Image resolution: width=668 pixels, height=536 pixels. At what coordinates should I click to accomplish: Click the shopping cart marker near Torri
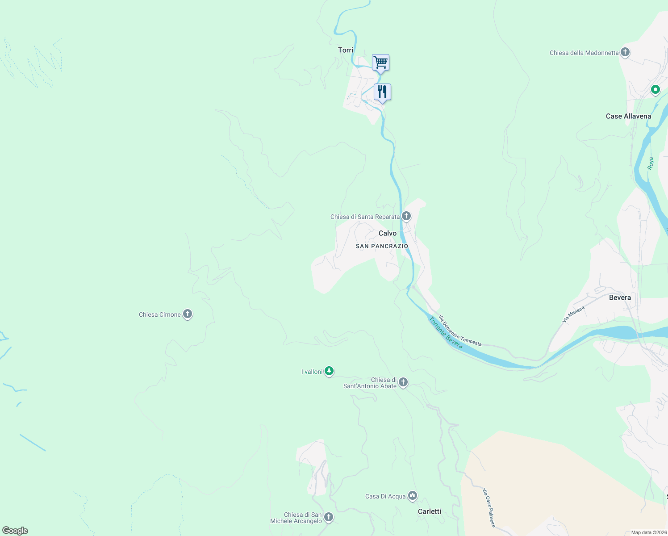(x=380, y=63)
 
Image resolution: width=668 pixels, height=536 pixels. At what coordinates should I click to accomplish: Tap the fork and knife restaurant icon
(x=382, y=92)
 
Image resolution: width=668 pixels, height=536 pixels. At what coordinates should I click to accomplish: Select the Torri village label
(x=346, y=50)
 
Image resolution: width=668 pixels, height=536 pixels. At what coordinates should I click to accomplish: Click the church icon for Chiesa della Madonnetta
(x=625, y=52)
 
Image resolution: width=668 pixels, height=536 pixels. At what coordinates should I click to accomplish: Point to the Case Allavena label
(x=628, y=116)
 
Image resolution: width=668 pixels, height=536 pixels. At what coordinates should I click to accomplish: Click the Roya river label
(x=651, y=163)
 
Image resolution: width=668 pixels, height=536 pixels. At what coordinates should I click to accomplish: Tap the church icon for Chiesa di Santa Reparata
(x=406, y=216)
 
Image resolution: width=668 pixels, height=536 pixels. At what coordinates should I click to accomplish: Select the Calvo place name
(x=388, y=233)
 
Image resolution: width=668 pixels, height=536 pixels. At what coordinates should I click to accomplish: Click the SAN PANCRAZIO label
(x=382, y=246)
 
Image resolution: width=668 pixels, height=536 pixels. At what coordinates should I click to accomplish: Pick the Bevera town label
(x=620, y=297)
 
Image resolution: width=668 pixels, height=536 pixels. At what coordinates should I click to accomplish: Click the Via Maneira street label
(x=573, y=314)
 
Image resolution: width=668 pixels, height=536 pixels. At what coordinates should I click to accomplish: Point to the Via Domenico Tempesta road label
(x=460, y=331)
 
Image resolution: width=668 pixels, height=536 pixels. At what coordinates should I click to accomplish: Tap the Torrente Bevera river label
(x=446, y=333)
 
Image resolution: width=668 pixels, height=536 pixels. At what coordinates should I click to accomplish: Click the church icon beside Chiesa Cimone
(x=188, y=314)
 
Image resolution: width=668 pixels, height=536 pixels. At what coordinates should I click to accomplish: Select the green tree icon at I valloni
(x=329, y=371)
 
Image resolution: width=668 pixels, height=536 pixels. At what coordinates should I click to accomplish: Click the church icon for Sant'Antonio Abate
(x=403, y=382)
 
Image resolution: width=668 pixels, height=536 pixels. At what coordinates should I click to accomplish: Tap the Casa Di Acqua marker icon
(x=413, y=496)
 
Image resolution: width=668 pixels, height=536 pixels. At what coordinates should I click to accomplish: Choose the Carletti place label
(x=429, y=511)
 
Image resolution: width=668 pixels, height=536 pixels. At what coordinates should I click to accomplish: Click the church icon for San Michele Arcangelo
(x=329, y=517)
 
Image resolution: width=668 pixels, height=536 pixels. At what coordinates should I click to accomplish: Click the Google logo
(x=15, y=531)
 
